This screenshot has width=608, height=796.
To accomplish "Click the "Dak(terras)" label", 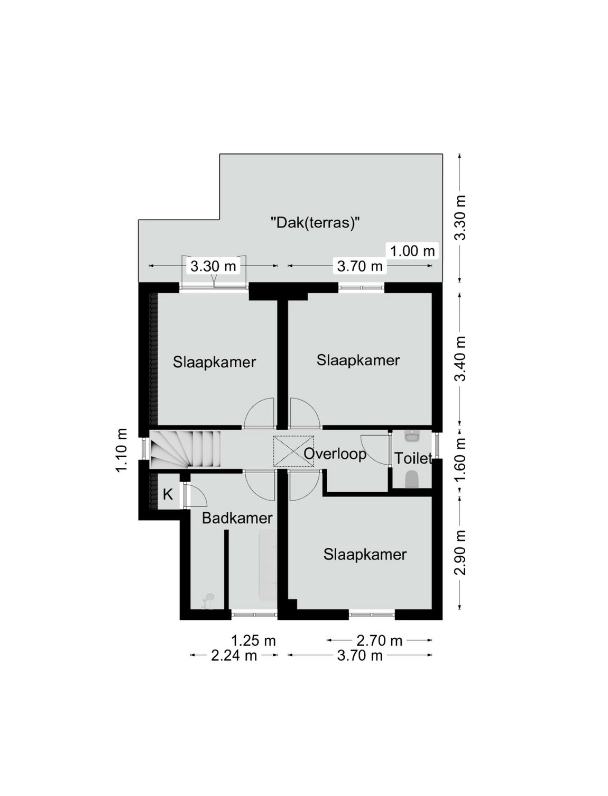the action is point(315,222).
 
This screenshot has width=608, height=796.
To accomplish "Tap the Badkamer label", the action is point(237,518).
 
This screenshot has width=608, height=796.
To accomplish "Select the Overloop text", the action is point(335,454).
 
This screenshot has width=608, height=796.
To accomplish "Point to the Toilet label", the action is point(413,458).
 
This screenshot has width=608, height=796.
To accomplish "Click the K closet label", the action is point(168,494).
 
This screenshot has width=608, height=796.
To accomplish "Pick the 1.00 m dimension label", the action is point(412,250).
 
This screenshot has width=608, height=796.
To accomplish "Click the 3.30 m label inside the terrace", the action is point(213,267).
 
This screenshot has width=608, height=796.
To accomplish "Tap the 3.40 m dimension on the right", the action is point(460,358).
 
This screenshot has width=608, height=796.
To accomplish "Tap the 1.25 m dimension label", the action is point(253,641).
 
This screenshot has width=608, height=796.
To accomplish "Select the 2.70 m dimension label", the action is point(380,641).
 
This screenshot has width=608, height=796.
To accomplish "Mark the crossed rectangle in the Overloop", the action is point(293,451).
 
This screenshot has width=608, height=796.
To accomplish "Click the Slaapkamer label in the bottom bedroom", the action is point(365,555).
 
